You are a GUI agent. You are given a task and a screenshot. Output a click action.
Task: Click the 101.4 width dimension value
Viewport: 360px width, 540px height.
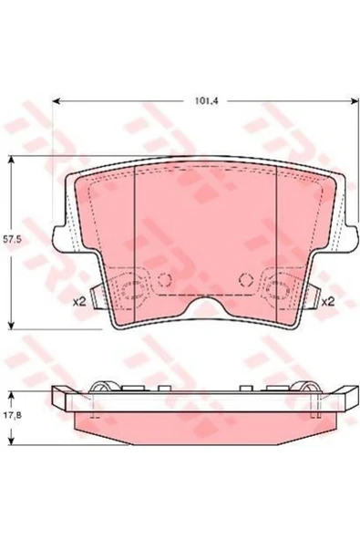point(206,101)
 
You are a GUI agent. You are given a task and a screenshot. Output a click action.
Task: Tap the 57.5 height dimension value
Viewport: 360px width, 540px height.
point(11,239)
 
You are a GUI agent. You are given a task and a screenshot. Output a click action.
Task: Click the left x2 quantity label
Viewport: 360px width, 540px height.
point(78,302)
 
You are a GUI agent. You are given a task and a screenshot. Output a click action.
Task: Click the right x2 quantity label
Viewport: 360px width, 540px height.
point(327,302)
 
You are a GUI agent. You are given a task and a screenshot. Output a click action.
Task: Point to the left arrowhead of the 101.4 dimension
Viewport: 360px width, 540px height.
point(57,101)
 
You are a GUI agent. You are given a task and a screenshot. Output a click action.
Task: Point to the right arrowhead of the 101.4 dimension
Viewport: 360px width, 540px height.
point(355,101)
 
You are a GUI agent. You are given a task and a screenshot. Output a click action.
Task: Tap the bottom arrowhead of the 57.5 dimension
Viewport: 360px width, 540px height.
point(12,325)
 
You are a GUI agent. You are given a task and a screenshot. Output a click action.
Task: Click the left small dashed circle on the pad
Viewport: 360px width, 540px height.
point(164,279)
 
